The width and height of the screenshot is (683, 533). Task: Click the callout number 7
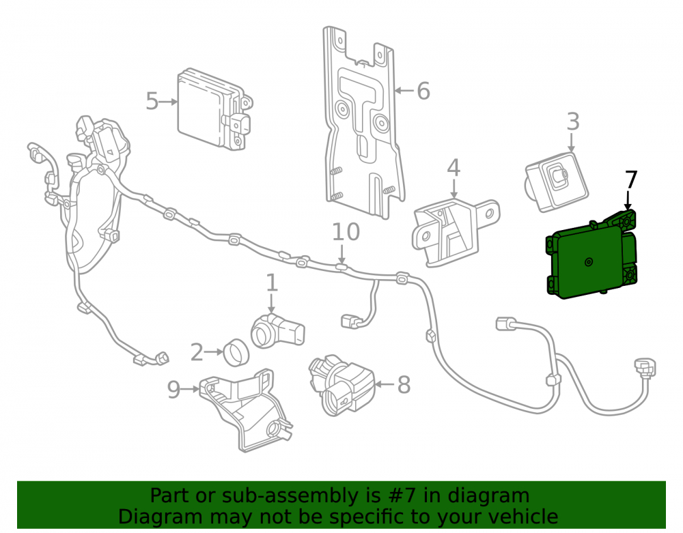(x=632, y=179)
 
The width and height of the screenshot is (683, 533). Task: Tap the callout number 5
(x=152, y=102)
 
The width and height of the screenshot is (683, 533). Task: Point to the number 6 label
(x=423, y=91)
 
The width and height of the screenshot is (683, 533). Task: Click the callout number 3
(x=573, y=121)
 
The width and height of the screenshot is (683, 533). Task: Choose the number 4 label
(x=454, y=167)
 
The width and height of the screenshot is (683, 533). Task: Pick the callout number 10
(x=346, y=232)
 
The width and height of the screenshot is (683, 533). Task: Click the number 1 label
(x=272, y=283)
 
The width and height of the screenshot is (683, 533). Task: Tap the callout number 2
(x=197, y=352)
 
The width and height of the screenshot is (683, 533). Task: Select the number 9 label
(x=173, y=389)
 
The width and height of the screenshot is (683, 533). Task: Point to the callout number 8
(x=404, y=385)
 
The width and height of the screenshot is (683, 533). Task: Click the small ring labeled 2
(x=236, y=352)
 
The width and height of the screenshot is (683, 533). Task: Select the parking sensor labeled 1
(x=278, y=332)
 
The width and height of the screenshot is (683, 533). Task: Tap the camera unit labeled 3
(x=556, y=182)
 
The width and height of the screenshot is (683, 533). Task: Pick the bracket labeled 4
(x=454, y=232)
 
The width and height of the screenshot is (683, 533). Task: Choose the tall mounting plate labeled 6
(x=364, y=122)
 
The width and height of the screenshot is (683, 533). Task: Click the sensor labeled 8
(x=342, y=384)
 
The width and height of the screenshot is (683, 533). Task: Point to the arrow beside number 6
(x=404, y=91)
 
